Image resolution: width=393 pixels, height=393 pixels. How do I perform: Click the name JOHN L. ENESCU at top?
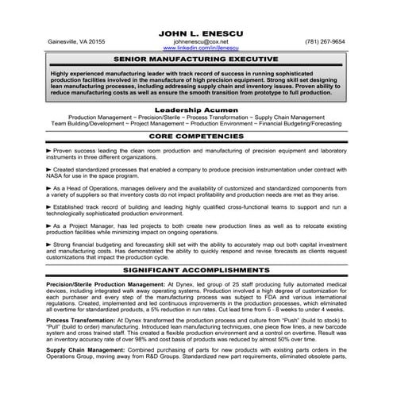click(x=196, y=30)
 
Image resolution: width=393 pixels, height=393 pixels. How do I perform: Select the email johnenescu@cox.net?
click(x=196, y=41)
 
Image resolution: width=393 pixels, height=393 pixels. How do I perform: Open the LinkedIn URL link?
click(x=196, y=48)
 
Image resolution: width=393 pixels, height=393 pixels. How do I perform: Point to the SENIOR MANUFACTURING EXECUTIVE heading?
click(x=196, y=59)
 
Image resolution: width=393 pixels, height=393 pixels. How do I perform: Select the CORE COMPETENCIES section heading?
click(x=196, y=137)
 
